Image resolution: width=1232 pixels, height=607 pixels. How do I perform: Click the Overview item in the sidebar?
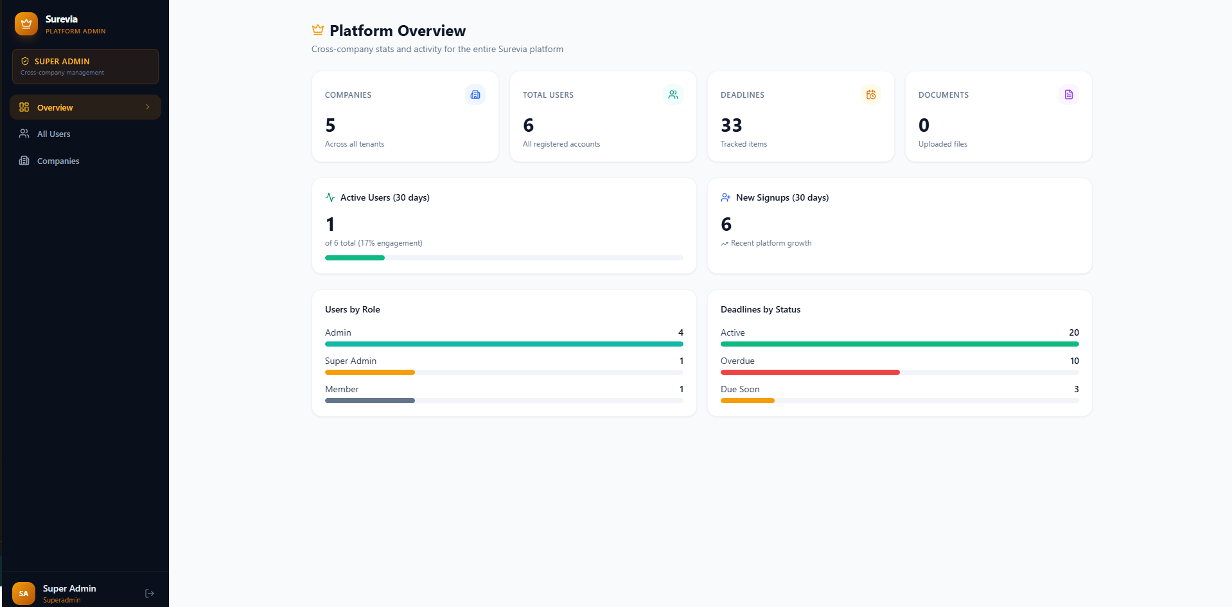click(85, 107)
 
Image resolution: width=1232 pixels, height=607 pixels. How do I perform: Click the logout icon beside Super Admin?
click(150, 593)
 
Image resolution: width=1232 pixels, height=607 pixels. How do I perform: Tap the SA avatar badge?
click(24, 593)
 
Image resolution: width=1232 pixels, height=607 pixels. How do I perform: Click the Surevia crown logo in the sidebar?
click(26, 24)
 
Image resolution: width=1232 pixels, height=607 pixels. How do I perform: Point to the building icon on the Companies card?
click(475, 95)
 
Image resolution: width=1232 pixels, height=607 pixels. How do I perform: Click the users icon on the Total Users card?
click(673, 95)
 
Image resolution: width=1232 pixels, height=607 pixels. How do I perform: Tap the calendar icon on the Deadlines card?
click(871, 95)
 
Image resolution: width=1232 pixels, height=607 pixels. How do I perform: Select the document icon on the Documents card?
click(1069, 95)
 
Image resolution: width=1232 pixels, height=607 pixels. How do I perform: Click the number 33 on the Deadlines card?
click(731, 125)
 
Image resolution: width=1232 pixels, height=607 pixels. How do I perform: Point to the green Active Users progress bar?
click(355, 258)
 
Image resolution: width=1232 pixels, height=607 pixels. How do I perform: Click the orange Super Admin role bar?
click(370, 372)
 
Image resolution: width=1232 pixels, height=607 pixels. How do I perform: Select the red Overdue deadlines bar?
click(810, 372)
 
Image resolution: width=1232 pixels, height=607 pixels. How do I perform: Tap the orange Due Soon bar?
click(748, 401)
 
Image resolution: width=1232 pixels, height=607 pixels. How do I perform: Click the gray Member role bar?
click(370, 401)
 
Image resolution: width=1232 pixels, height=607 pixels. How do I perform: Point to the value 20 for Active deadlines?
click(1074, 332)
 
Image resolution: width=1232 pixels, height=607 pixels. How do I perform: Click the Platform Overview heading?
click(398, 31)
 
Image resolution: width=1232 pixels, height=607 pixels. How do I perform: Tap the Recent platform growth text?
click(771, 243)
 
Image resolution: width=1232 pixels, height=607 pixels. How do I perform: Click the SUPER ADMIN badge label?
click(62, 61)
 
